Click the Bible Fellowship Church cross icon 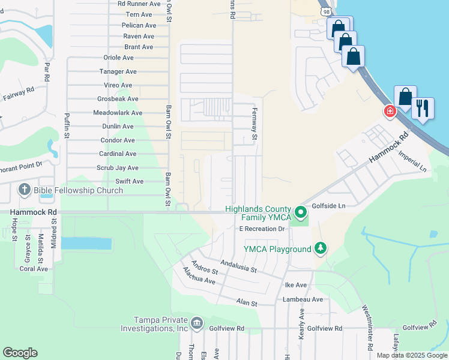point(25,191)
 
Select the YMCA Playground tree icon point(321,248)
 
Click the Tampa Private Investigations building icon point(196,324)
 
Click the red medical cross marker point(390,112)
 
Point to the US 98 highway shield point(325,11)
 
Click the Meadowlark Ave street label point(118,113)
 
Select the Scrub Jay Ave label point(118,168)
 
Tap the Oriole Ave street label point(119,58)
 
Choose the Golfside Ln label point(328,205)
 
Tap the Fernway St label point(255,129)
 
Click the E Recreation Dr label point(262,229)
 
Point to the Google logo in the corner point(20,353)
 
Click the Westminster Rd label point(367,328)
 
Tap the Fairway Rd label point(18,94)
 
